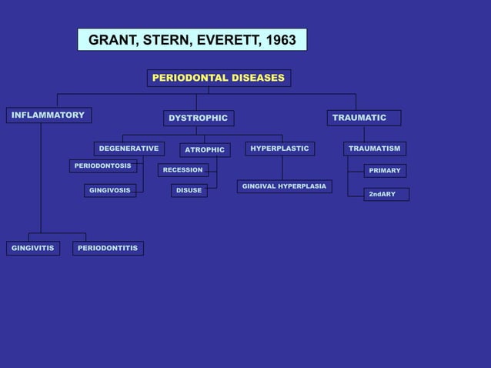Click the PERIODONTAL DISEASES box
pos(219,79)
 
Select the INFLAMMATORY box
pos(48,115)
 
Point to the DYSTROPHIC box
pos(199,118)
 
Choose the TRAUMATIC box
pos(363,118)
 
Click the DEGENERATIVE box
pos(129,149)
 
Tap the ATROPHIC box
pos(205,150)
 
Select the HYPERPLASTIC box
pos(280,149)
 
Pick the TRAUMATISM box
pos(374,149)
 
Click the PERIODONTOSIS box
pos(103,166)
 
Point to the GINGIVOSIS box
pos(110,190)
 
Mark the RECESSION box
pos(183,170)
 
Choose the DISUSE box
pos(189,190)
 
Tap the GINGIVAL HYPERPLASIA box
pos(284,186)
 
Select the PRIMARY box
pos(385,171)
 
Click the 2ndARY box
pos(386,194)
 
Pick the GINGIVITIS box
pos(33,248)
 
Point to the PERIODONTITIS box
pos(108,248)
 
